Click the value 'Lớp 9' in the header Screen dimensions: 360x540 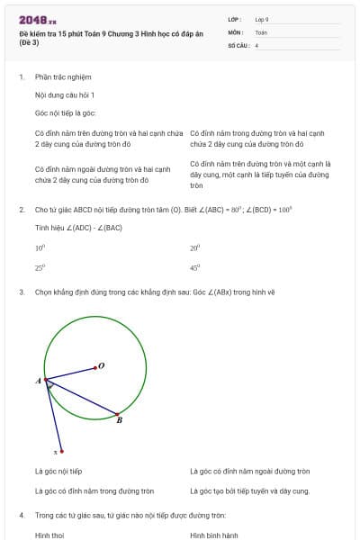pos(262,19)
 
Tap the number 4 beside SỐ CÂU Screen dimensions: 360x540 pos(256,44)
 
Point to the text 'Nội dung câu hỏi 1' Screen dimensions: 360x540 pos(65,94)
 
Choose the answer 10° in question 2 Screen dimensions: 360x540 pos(40,247)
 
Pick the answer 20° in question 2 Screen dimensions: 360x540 pos(194,247)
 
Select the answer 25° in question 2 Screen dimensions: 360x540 pos(40,267)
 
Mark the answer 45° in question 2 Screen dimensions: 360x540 pos(194,267)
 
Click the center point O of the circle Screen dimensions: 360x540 pos(96,367)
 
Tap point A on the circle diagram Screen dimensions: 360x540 pos(46,381)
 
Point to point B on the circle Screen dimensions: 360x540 pos(117,415)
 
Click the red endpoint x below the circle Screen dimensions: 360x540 pos(61,451)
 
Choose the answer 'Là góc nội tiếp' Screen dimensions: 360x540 pos(58,471)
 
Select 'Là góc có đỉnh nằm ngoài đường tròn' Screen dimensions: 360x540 pos(249,471)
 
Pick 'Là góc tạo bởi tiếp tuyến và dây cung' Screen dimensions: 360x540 pos(249,490)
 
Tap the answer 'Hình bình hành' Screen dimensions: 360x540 pos(213,535)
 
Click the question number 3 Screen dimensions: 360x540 pos(21,292)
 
